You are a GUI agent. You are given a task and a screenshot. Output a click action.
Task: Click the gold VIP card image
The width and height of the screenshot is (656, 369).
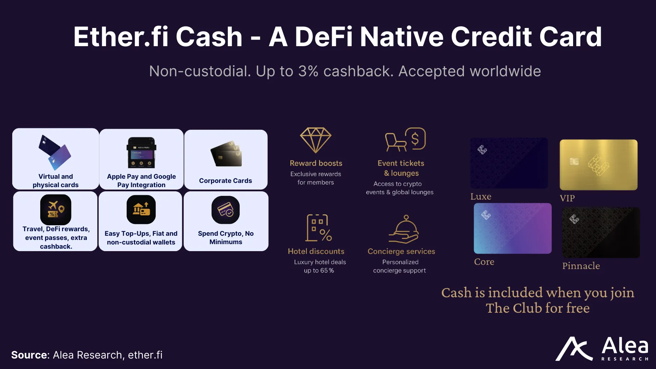click(x=598, y=165)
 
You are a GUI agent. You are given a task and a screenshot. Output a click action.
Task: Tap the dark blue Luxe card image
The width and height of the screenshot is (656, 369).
click(x=509, y=163)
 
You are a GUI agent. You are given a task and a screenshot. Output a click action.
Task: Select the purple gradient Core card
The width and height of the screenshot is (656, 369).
click(x=513, y=228)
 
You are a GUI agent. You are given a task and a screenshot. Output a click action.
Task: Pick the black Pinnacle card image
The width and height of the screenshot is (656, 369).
click(x=601, y=233)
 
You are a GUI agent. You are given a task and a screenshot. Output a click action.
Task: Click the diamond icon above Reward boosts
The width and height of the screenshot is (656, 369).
click(x=316, y=140)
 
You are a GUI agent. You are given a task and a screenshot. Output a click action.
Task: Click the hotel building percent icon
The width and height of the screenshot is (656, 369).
click(x=319, y=228)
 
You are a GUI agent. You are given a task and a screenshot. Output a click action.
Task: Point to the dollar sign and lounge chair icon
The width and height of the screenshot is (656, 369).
click(x=405, y=139)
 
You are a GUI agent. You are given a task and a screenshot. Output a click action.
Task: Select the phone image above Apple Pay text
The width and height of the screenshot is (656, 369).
click(x=141, y=152)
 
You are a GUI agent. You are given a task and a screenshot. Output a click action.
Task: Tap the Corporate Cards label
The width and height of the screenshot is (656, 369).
click(x=225, y=180)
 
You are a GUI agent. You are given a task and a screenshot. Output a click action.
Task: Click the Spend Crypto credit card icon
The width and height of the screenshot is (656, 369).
click(x=226, y=210)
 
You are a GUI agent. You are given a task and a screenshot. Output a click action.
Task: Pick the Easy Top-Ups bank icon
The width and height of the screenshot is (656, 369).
click(x=141, y=210)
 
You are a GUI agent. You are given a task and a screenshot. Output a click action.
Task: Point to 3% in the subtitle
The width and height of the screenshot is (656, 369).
click(x=308, y=71)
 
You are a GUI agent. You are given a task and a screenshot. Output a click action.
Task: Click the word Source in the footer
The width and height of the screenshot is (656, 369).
click(x=29, y=355)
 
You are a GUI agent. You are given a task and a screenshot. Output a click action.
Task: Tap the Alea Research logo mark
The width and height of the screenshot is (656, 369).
click(x=574, y=349)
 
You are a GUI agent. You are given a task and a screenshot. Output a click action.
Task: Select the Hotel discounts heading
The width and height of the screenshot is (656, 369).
click(x=316, y=251)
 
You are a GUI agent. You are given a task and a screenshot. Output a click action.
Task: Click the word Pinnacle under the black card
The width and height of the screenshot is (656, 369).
click(x=581, y=266)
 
